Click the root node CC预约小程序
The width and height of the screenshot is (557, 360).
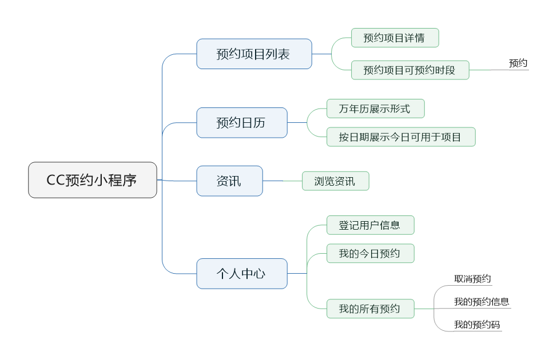click(x=93, y=180)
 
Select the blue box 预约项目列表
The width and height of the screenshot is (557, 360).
click(x=254, y=54)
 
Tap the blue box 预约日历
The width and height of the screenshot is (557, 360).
click(x=241, y=122)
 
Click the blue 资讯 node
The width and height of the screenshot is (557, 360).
click(x=229, y=181)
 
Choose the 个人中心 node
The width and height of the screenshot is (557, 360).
click(x=241, y=273)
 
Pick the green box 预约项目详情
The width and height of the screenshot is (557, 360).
click(x=395, y=38)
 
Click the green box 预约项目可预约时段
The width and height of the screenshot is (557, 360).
click(x=409, y=70)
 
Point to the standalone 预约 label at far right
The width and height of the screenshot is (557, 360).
click(x=518, y=63)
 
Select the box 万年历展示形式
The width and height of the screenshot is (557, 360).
click(x=375, y=109)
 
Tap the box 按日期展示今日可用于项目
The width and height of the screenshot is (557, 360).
click(x=400, y=137)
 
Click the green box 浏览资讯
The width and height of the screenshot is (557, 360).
click(x=335, y=181)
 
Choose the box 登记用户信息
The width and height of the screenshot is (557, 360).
click(x=369, y=225)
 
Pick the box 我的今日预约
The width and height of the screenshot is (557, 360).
click(x=369, y=253)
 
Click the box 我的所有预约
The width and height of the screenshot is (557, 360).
click(x=369, y=309)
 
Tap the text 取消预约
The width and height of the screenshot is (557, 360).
click(x=472, y=279)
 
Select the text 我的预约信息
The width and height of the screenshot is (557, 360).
click(x=482, y=302)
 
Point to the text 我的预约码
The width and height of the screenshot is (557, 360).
click(x=477, y=325)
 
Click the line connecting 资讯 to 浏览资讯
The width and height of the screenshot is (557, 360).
click(x=283, y=181)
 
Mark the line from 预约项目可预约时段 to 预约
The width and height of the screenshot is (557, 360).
click(x=489, y=70)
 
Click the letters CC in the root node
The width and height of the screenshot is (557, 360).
click(x=55, y=181)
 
